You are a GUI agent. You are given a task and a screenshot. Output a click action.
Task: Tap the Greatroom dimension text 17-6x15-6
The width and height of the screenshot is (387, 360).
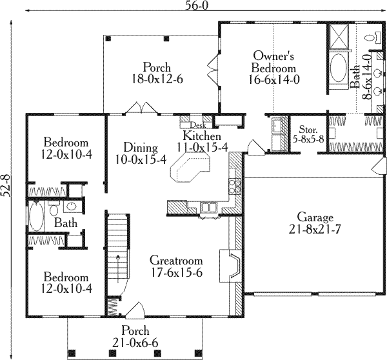click(176, 273)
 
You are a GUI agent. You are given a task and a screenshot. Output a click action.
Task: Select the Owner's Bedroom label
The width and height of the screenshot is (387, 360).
click(274, 62)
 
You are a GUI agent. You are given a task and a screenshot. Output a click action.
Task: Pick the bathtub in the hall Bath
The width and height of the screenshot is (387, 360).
click(35, 217)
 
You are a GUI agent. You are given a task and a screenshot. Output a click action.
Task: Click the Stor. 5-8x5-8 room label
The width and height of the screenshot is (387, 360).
click(308, 132)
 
